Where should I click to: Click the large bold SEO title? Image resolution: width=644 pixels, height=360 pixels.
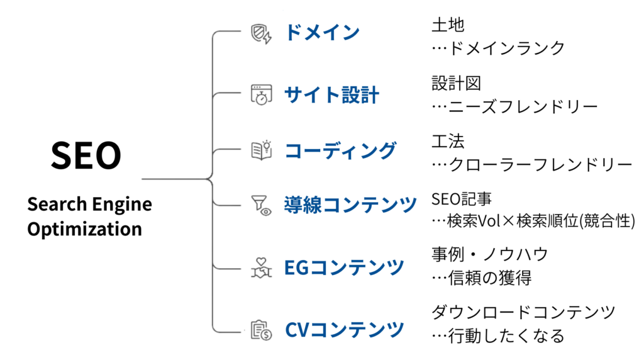pos(86,155)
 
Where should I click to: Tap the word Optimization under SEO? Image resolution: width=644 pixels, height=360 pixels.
pos(84,228)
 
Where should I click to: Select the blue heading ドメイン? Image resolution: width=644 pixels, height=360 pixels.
pos(322,33)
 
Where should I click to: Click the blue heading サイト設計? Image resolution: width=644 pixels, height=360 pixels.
pos(331,95)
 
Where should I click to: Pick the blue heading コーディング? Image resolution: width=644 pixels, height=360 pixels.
pos(340,150)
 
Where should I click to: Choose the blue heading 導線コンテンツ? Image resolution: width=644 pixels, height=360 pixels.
pos(350,205)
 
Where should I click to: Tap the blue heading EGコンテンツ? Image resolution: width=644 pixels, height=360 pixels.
pos(344,267)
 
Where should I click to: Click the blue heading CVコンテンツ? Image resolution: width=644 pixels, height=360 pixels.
pos(344,329)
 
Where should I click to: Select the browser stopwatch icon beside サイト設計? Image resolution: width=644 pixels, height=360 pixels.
pos(260,95)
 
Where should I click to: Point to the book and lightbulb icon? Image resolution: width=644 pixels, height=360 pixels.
pos(261,150)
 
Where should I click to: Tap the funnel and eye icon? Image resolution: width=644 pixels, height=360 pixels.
pos(261,205)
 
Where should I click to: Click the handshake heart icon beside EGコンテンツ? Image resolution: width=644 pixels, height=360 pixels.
pos(261,268)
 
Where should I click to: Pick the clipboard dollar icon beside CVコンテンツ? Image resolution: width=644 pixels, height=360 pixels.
pos(261,329)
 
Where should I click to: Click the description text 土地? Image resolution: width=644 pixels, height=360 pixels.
pos(448,25)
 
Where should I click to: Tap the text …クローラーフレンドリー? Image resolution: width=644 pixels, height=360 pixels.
pos(531,165)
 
